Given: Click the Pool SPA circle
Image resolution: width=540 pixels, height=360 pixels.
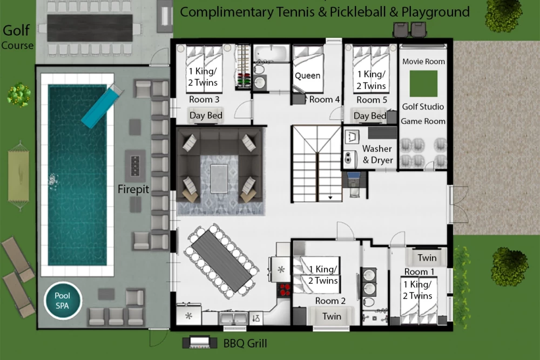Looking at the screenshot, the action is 63,301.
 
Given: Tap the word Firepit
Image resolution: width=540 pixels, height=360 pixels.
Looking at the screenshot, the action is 133,189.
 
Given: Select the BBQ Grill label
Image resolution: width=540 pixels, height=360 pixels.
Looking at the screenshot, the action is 245,343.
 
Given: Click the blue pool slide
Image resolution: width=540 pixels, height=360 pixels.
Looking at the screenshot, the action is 102,106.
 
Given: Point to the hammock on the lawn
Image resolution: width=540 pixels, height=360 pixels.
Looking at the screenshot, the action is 18,175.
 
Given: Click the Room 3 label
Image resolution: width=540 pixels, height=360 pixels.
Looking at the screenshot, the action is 204,100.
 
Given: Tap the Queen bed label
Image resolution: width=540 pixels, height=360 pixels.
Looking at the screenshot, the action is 308,76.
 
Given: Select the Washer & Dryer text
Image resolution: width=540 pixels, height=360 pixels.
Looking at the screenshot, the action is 377,154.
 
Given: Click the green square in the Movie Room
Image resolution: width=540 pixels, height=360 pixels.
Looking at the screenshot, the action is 423,84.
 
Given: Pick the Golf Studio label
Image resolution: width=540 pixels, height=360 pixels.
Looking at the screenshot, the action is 423,107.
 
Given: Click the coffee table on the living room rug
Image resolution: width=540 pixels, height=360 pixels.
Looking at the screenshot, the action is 219,179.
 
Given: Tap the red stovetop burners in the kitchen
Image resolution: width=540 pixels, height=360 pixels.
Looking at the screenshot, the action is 285,290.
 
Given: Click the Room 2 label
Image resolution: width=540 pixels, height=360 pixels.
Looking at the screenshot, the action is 330,301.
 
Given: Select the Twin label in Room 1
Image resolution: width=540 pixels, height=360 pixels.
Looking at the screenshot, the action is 427,258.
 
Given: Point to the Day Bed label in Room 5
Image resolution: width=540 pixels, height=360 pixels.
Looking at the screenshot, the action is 370,116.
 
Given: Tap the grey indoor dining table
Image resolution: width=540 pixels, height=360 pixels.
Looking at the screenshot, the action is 222,261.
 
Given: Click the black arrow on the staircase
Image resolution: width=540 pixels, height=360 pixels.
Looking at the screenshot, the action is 330,198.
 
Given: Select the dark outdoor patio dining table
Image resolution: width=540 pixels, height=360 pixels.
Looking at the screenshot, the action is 90,28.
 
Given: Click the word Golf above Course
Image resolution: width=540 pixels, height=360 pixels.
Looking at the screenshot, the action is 16,30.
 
